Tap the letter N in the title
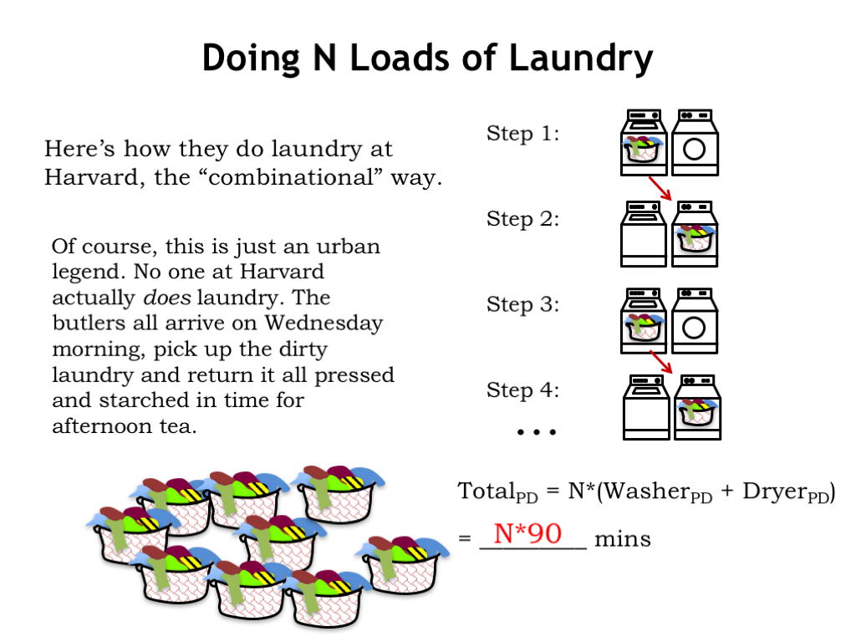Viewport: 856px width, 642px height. [324, 58]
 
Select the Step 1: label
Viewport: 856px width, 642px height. [523, 133]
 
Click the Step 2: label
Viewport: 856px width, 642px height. [523, 219]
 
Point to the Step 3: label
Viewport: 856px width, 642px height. [523, 304]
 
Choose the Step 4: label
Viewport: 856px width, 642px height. [523, 390]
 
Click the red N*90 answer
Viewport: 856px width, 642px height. [527, 533]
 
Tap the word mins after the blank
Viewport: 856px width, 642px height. [622, 539]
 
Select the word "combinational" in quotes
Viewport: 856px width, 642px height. [293, 177]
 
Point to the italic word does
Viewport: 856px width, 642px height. [167, 298]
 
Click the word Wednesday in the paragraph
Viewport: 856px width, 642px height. [324, 324]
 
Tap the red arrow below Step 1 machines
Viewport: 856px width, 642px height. [660, 188]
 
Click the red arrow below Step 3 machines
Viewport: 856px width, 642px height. [661, 362]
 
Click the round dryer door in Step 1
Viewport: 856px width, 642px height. [695, 149]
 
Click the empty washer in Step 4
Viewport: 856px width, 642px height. [646, 407]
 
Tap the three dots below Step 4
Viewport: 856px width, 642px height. [537, 432]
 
